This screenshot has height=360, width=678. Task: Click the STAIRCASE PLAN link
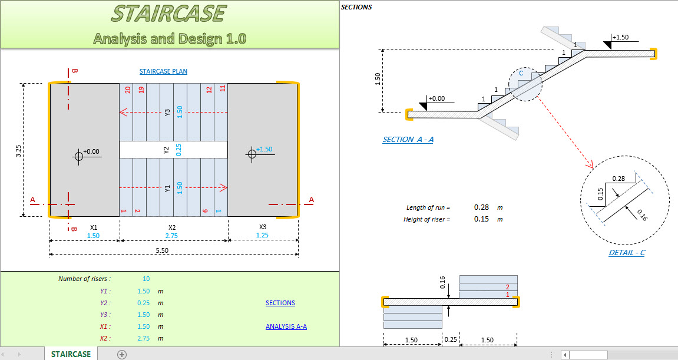click(163, 72)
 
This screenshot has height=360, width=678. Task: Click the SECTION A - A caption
click(408, 140)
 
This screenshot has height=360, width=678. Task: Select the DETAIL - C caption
click(627, 253)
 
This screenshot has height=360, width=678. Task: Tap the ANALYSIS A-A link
click(286, 326)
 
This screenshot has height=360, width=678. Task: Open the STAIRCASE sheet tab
click(71, 354)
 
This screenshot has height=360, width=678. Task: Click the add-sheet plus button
click(122, 354)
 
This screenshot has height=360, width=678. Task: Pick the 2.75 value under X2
click(172, 236)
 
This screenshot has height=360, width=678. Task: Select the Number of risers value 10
click(145, 279)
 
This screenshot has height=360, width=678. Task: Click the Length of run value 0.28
click(482, 207)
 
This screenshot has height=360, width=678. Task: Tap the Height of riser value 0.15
click(482, 219)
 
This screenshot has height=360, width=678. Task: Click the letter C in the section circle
click(520, 74)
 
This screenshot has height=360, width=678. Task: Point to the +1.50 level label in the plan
click(264, 150)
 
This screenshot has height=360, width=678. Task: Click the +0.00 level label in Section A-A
click(436, 99)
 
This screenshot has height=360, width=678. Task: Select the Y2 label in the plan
click(167, 150)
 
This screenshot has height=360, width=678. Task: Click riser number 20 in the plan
click(127, 90)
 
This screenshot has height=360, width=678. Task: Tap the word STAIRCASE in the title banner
click(168, 14)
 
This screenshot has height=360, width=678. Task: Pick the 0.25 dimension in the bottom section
click(451, 341)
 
